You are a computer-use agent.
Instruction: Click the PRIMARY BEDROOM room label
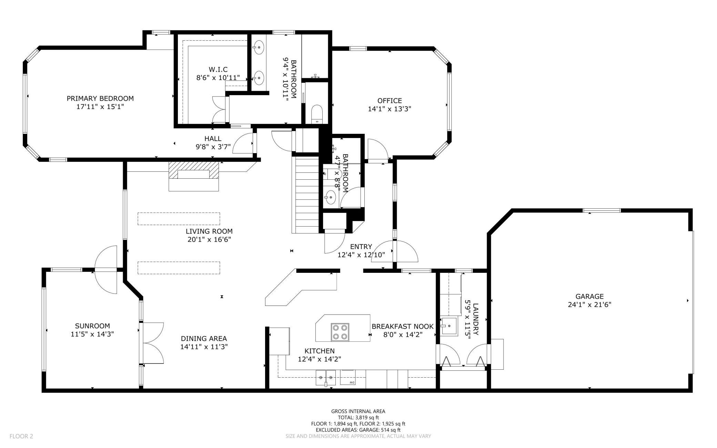pyautogui.click(x=100, y=98)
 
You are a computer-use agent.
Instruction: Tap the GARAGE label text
pyautogui.click(x=589, y=296)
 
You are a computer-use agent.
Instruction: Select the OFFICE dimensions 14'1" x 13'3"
pyautogui.click(x=390, y=109)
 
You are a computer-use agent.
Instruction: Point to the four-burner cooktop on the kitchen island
pyautogui.click(x=340, y=332)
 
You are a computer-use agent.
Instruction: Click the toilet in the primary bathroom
pyautogui.click(x=316, y=114)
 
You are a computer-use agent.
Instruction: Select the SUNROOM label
pyautogui.click(x=92, y=326)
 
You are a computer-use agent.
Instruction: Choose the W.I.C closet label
pyautogui.click(x=218, y=70)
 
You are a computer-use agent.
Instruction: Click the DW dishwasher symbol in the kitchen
pyautogui.click(x=348, y=377)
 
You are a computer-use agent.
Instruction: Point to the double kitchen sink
pyautogui.click(x=326, y=377)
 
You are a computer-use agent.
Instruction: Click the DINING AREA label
pyautogui.click(x=204, y=339)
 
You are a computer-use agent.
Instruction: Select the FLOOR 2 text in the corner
pyautogui.click(x=21, y=436)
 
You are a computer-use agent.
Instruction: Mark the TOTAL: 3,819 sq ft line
pyautogui.click(x=358, y=417)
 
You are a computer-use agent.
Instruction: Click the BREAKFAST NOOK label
pyautogui.click(x=403, y=326)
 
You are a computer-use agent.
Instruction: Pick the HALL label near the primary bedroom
pyautogui.click(x=213, y=139)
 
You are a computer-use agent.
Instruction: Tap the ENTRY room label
pyautogui.click(x=361, y=247)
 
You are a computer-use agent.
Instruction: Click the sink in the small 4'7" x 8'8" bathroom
pyautogui.click(x=330, y=197)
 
